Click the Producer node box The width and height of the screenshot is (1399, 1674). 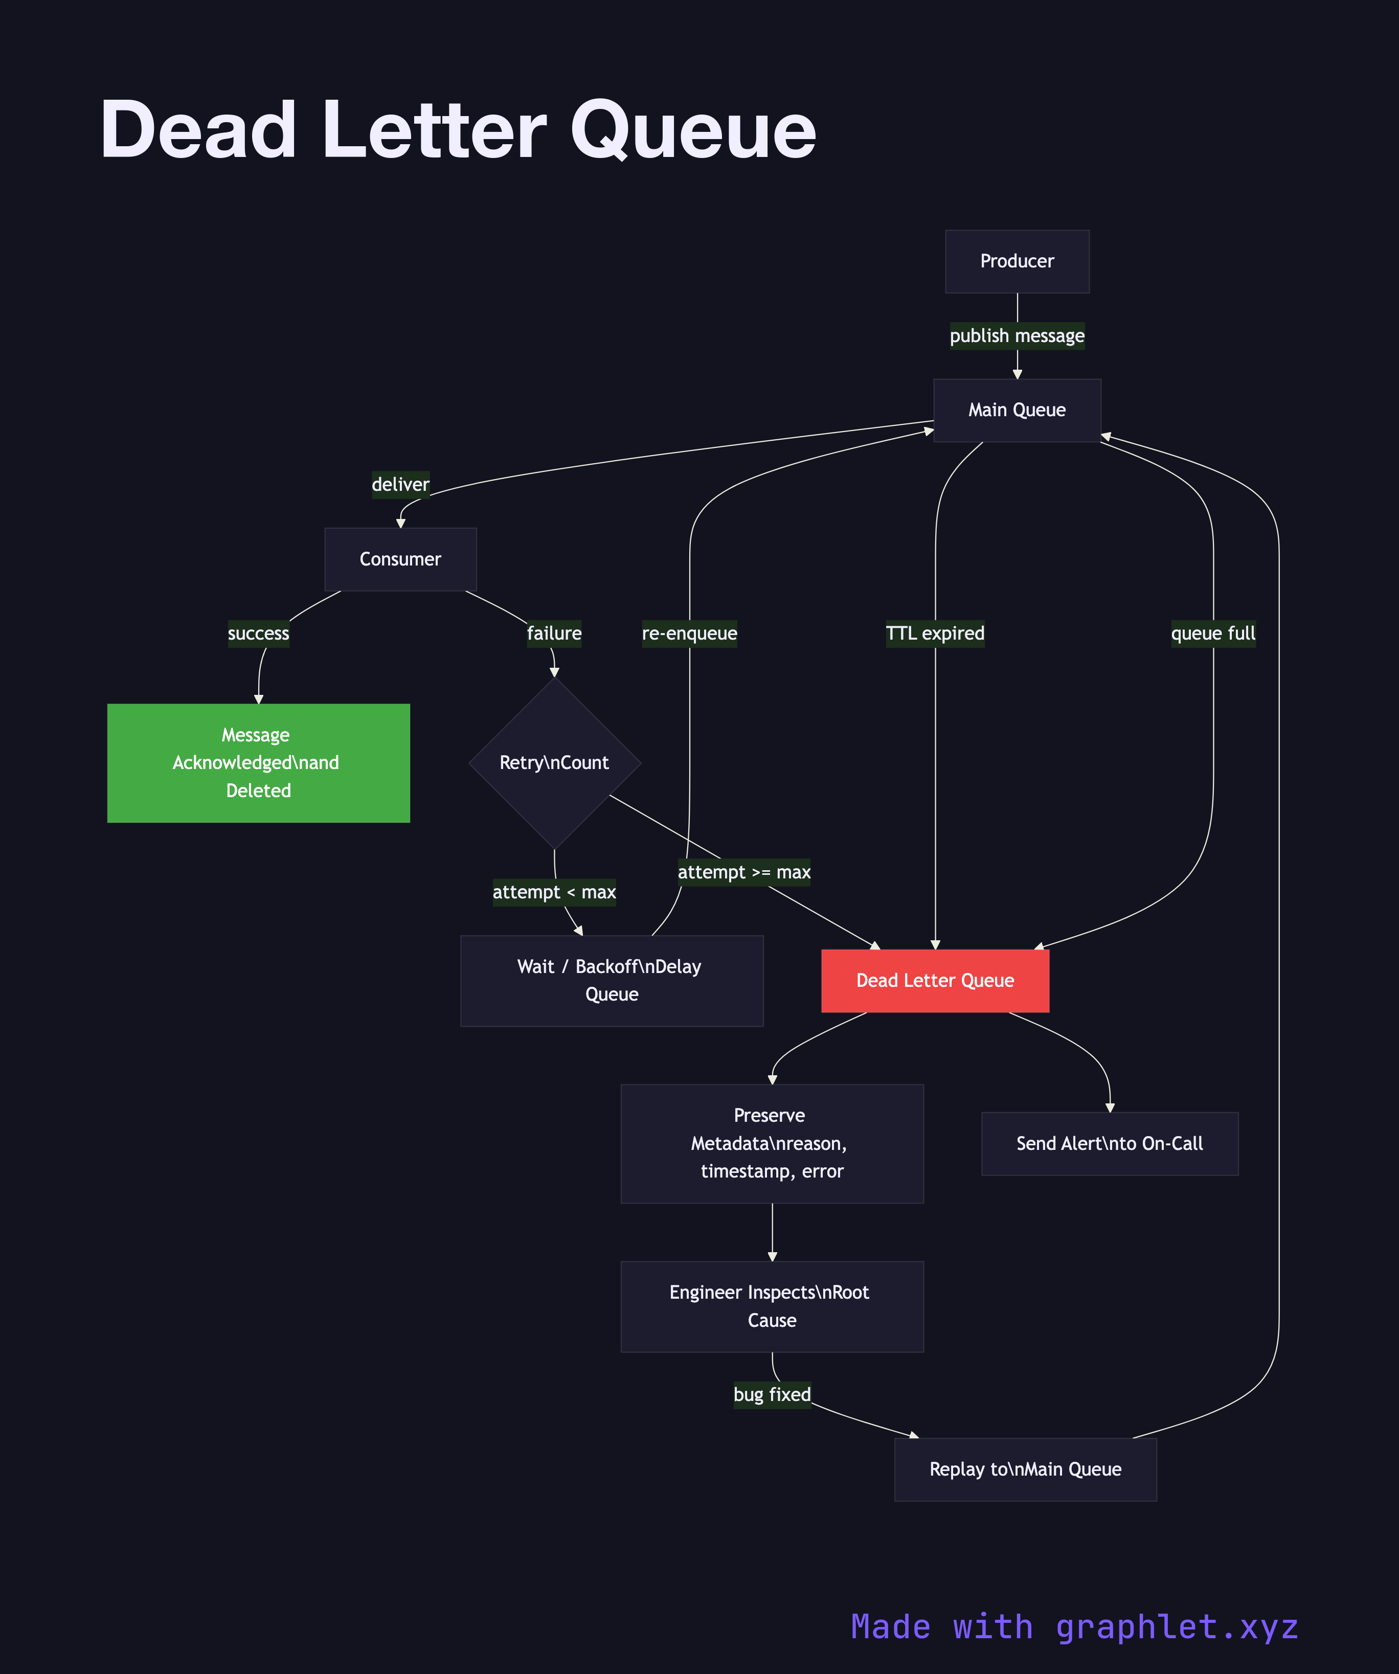(1017, 261)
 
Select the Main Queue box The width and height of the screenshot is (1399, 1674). (1017, 410)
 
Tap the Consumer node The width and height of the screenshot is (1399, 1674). (400, 559)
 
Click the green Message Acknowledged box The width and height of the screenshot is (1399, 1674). (258, 763)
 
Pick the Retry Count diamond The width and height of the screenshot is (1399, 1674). (554, 763)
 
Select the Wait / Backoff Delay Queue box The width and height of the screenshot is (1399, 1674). (612, 981)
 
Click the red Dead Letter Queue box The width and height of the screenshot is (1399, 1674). (935, 981)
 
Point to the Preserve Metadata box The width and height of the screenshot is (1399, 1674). (772, 1143)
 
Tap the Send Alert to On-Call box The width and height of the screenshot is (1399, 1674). (1110, 1143)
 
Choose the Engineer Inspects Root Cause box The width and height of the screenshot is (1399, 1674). (772, 1306)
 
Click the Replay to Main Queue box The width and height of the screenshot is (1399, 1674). (1025, 1469)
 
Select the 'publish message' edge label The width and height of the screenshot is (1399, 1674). (1017, 335)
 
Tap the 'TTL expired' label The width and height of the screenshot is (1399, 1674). (935, 634)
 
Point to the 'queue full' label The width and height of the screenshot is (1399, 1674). (1212, 634)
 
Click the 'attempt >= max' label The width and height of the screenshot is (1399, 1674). (744, 872)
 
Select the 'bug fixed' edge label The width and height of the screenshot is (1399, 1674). (772, 1394)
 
